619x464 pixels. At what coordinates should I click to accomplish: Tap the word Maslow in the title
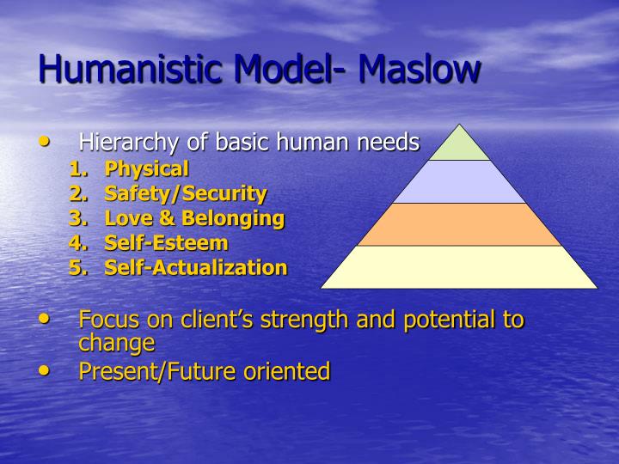tap(420, 69)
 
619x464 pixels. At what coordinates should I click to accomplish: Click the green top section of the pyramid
tap(459, 145)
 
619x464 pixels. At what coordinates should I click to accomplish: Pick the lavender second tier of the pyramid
tap(459, 182)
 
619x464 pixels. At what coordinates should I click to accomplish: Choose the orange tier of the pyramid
tap(459, 224)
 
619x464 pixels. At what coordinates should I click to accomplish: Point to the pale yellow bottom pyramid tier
tap(459, 267)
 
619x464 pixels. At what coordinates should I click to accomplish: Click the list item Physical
tap(146, 169)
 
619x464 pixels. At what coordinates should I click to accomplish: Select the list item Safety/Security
tap(185, 193)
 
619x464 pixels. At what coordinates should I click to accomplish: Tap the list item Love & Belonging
tap(193, 218)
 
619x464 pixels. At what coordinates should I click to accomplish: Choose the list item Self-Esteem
tap(166, 243)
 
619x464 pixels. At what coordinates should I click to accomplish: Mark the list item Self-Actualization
tap(195, 267)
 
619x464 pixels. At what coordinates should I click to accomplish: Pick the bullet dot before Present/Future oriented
tap(46, 369)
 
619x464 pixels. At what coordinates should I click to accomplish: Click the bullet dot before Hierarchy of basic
tap(46, 139)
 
